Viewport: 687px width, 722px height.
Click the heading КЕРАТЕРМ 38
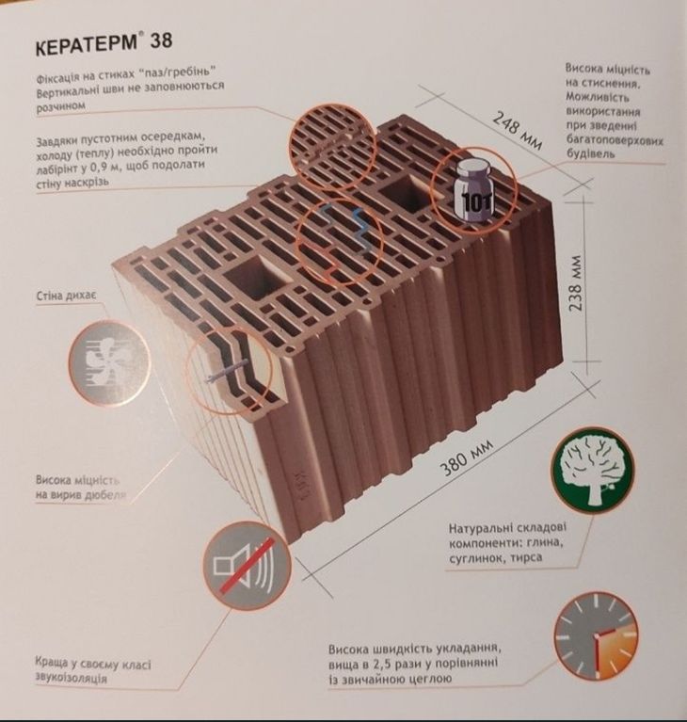pos(104,43)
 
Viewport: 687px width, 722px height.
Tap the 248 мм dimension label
pos(518,130)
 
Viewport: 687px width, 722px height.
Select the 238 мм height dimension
pos(576,282)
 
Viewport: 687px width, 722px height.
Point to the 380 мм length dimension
pos(467,457)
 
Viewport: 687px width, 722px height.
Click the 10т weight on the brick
pos(474,193)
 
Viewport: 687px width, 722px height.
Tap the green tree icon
pos(593,473)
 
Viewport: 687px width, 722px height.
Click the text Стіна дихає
pos(66,296)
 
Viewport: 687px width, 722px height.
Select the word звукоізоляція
pos(71,678)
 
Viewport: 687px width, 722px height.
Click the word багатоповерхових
pos(615,139)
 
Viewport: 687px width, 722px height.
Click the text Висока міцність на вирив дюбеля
pos(81,489)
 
